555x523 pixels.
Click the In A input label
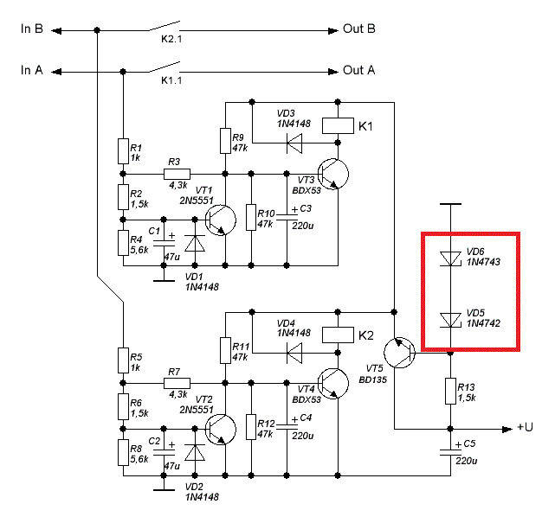(x=32, y=70)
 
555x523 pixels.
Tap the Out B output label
(x=358, y=29)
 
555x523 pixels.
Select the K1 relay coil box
(x=336, y=126)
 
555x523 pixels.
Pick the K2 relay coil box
(x=336, y=335)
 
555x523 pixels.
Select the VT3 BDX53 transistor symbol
(x=332, y=173)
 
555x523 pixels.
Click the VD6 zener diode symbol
(x=449, y=258)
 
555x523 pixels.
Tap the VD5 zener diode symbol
(x=449, y=320)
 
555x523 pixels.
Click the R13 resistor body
(x=449, y=391)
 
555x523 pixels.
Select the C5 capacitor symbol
(x=449, y=450)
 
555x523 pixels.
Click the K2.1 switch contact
(x=165, y=26)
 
